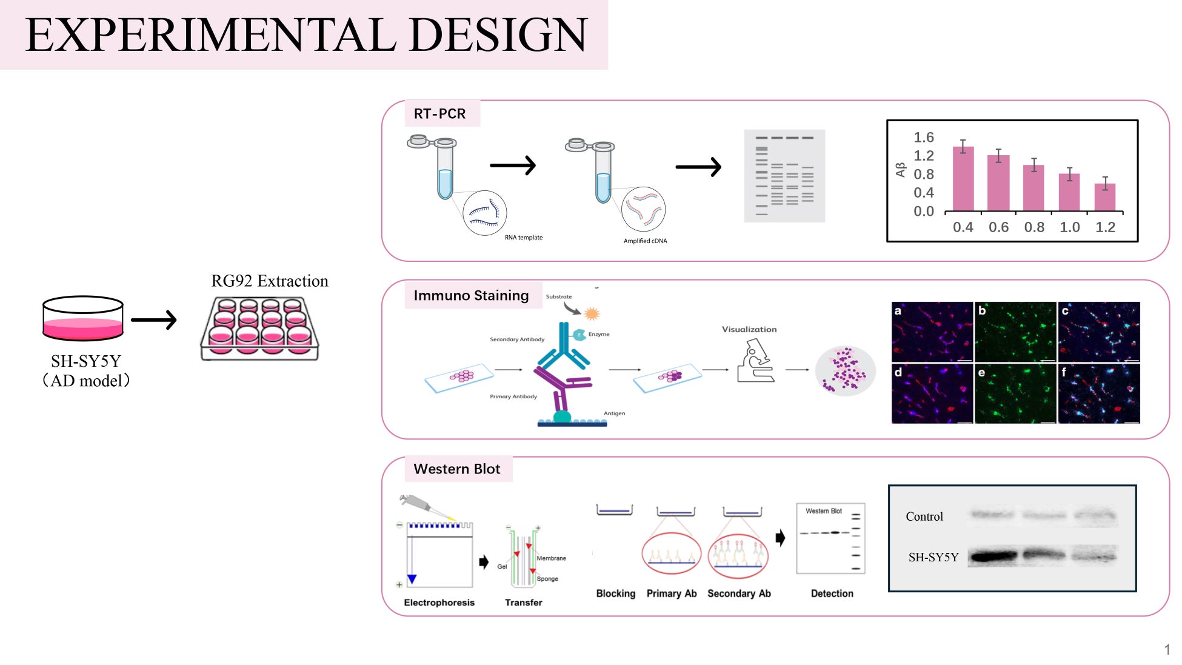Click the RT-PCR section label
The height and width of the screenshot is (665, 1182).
click(439, 114)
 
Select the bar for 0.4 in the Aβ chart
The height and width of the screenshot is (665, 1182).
click(963, 179)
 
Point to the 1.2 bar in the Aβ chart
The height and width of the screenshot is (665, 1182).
click(1105, 198)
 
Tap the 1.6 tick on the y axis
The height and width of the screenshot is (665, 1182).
click(924, 138)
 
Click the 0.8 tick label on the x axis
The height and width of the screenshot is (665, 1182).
click(1034, 227)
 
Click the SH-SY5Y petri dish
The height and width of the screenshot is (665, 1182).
click(83, 318)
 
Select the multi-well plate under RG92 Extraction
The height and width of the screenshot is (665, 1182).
click(259, 329)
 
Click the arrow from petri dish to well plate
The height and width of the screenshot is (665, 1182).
click(154, 319)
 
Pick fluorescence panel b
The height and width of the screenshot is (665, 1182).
click(1015, 332)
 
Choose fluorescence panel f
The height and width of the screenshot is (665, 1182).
click(1099, 393)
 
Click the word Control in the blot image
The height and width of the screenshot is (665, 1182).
click(924, 516)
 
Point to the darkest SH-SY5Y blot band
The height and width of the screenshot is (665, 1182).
click(992, 556)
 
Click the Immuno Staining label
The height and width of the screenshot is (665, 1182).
click(471, 296)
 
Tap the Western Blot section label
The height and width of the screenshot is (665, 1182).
click(457, 469)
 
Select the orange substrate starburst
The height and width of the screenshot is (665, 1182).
click(592, 313)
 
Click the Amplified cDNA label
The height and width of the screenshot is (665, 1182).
click(646, 241)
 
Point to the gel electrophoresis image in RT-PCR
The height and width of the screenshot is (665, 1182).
click(784, 176)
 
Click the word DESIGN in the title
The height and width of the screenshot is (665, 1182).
click(498, 35)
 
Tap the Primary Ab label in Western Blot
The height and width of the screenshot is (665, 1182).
click(672, 593)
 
